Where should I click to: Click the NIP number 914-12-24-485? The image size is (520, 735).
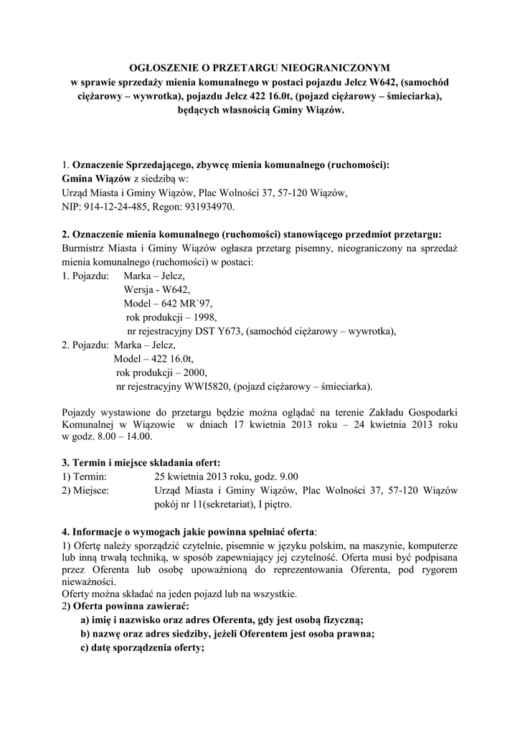114,207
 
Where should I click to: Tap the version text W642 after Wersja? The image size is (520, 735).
175,289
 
